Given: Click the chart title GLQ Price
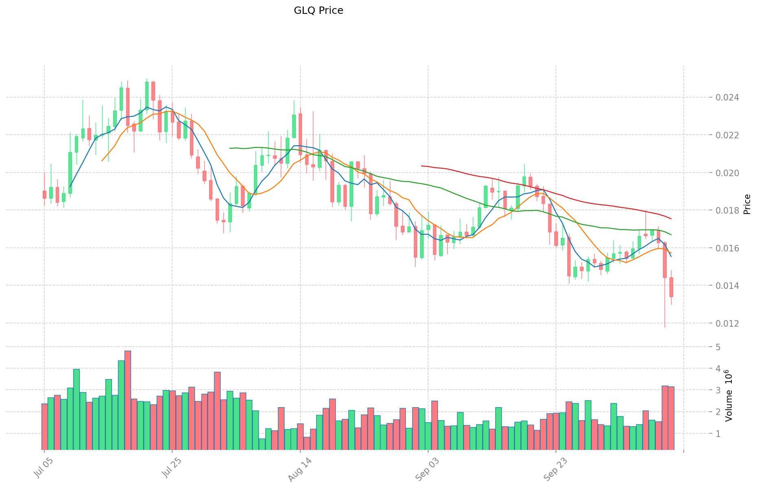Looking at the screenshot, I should pyautogui.click(x=318, y=11).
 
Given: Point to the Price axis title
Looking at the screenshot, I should pyautogui.click(x=747, y=204).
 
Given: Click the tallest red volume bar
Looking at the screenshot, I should pyautogui.click(x=127, y=400).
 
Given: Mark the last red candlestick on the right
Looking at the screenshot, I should pyautogui.click(x=671, y=287).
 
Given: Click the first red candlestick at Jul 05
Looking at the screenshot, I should pyautogui.click(x=44, y=194).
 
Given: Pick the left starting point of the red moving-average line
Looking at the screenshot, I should pyautogui.click(x=422, y=166).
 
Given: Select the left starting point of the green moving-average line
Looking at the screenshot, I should pyautogui.click(x=230, y=148).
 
